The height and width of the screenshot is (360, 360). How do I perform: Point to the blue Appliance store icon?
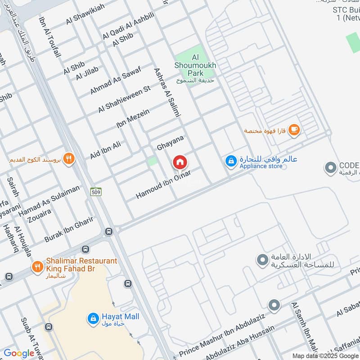click(231, 161)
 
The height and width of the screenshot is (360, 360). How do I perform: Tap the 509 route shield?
click(95, 192)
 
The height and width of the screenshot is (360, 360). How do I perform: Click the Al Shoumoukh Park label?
click(195, 65)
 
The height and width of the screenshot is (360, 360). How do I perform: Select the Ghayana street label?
click(171, 144)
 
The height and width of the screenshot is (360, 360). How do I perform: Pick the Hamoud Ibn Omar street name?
click(163, 185)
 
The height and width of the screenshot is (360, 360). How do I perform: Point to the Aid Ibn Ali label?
click(106, 150)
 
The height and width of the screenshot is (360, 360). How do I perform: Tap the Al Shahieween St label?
click(124, 99)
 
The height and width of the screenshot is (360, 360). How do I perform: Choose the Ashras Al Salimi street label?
click(166, 92)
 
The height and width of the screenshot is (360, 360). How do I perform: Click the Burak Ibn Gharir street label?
click(68, 229)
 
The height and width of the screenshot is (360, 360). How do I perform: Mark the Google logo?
click(19, 353)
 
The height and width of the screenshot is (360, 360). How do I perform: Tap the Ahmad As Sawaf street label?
click(116, 80)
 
